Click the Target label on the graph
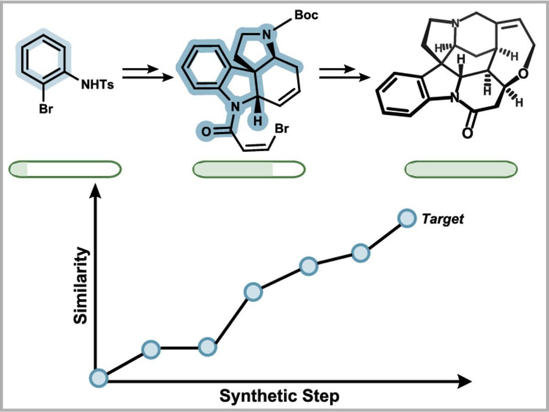coord(442,219)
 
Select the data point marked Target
coord(406,218)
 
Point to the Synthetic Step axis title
coord(279,396)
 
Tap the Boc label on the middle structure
coord(306,15)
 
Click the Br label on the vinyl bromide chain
coord(281,129)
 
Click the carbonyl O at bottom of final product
coord(466,133)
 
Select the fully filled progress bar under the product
coord(461,169)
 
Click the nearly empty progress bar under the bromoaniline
coord(65,169)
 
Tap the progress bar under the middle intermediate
coord(249,169)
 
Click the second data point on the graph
coord(151,349)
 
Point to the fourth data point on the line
coord(253,291)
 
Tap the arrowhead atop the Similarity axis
coord(95,190)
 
